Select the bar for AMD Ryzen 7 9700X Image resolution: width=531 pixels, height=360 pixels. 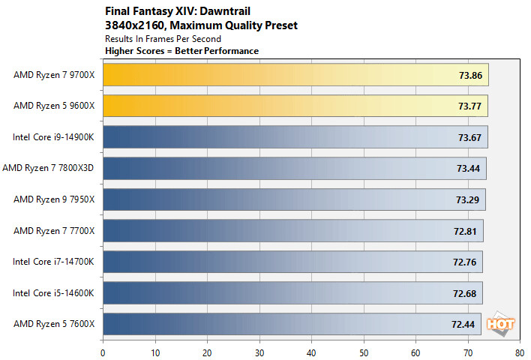coord(295,75)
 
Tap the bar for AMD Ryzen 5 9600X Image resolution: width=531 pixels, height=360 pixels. coord(295,106)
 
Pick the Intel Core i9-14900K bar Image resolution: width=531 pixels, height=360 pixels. coord(295,137)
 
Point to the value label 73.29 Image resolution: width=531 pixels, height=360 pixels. coord(467,199)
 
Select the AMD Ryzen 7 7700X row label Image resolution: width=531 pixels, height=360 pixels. coord(54,230)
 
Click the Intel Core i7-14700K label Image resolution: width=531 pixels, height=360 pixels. coord(54,262)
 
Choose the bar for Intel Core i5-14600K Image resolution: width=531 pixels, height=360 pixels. coord(292,292)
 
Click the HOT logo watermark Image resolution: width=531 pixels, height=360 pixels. coord(500,323)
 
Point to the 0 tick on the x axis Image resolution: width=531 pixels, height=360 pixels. coord(103,349)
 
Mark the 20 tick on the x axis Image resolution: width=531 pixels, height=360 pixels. coord(207,349)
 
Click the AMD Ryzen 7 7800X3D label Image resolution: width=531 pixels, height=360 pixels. coord(49,169)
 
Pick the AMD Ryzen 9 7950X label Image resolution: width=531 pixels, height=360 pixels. coord(54,199)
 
